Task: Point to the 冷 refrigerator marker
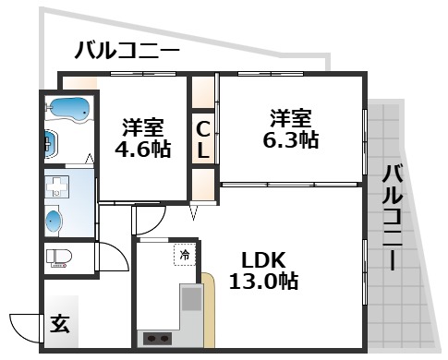[185, 252]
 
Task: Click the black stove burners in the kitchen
[159, 338]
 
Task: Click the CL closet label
[203, 138]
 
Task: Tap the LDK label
[263, 259]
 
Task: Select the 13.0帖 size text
[263, 282]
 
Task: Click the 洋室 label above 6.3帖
[291, 118]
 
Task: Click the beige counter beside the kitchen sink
[209, 309]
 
